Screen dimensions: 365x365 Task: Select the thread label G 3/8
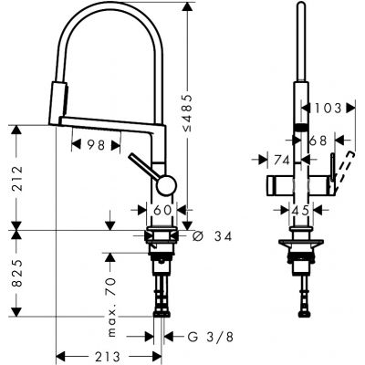(x=203, y=336)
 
